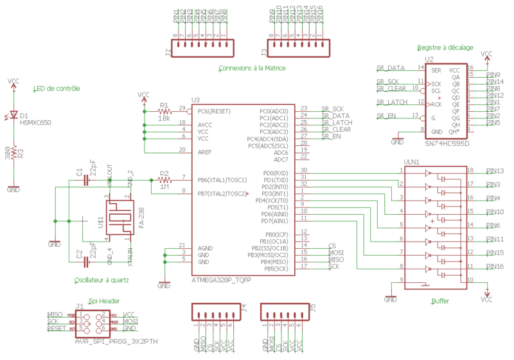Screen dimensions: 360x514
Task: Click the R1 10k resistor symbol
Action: [164, 111]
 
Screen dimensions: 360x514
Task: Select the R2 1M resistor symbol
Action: [164, 180]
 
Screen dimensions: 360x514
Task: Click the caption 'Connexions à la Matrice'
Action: [252, 68]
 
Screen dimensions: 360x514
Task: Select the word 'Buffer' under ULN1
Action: [440, 300]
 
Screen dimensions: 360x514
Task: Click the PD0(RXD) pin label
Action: [276, 173]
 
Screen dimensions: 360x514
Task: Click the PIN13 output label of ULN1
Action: [495, 171]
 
